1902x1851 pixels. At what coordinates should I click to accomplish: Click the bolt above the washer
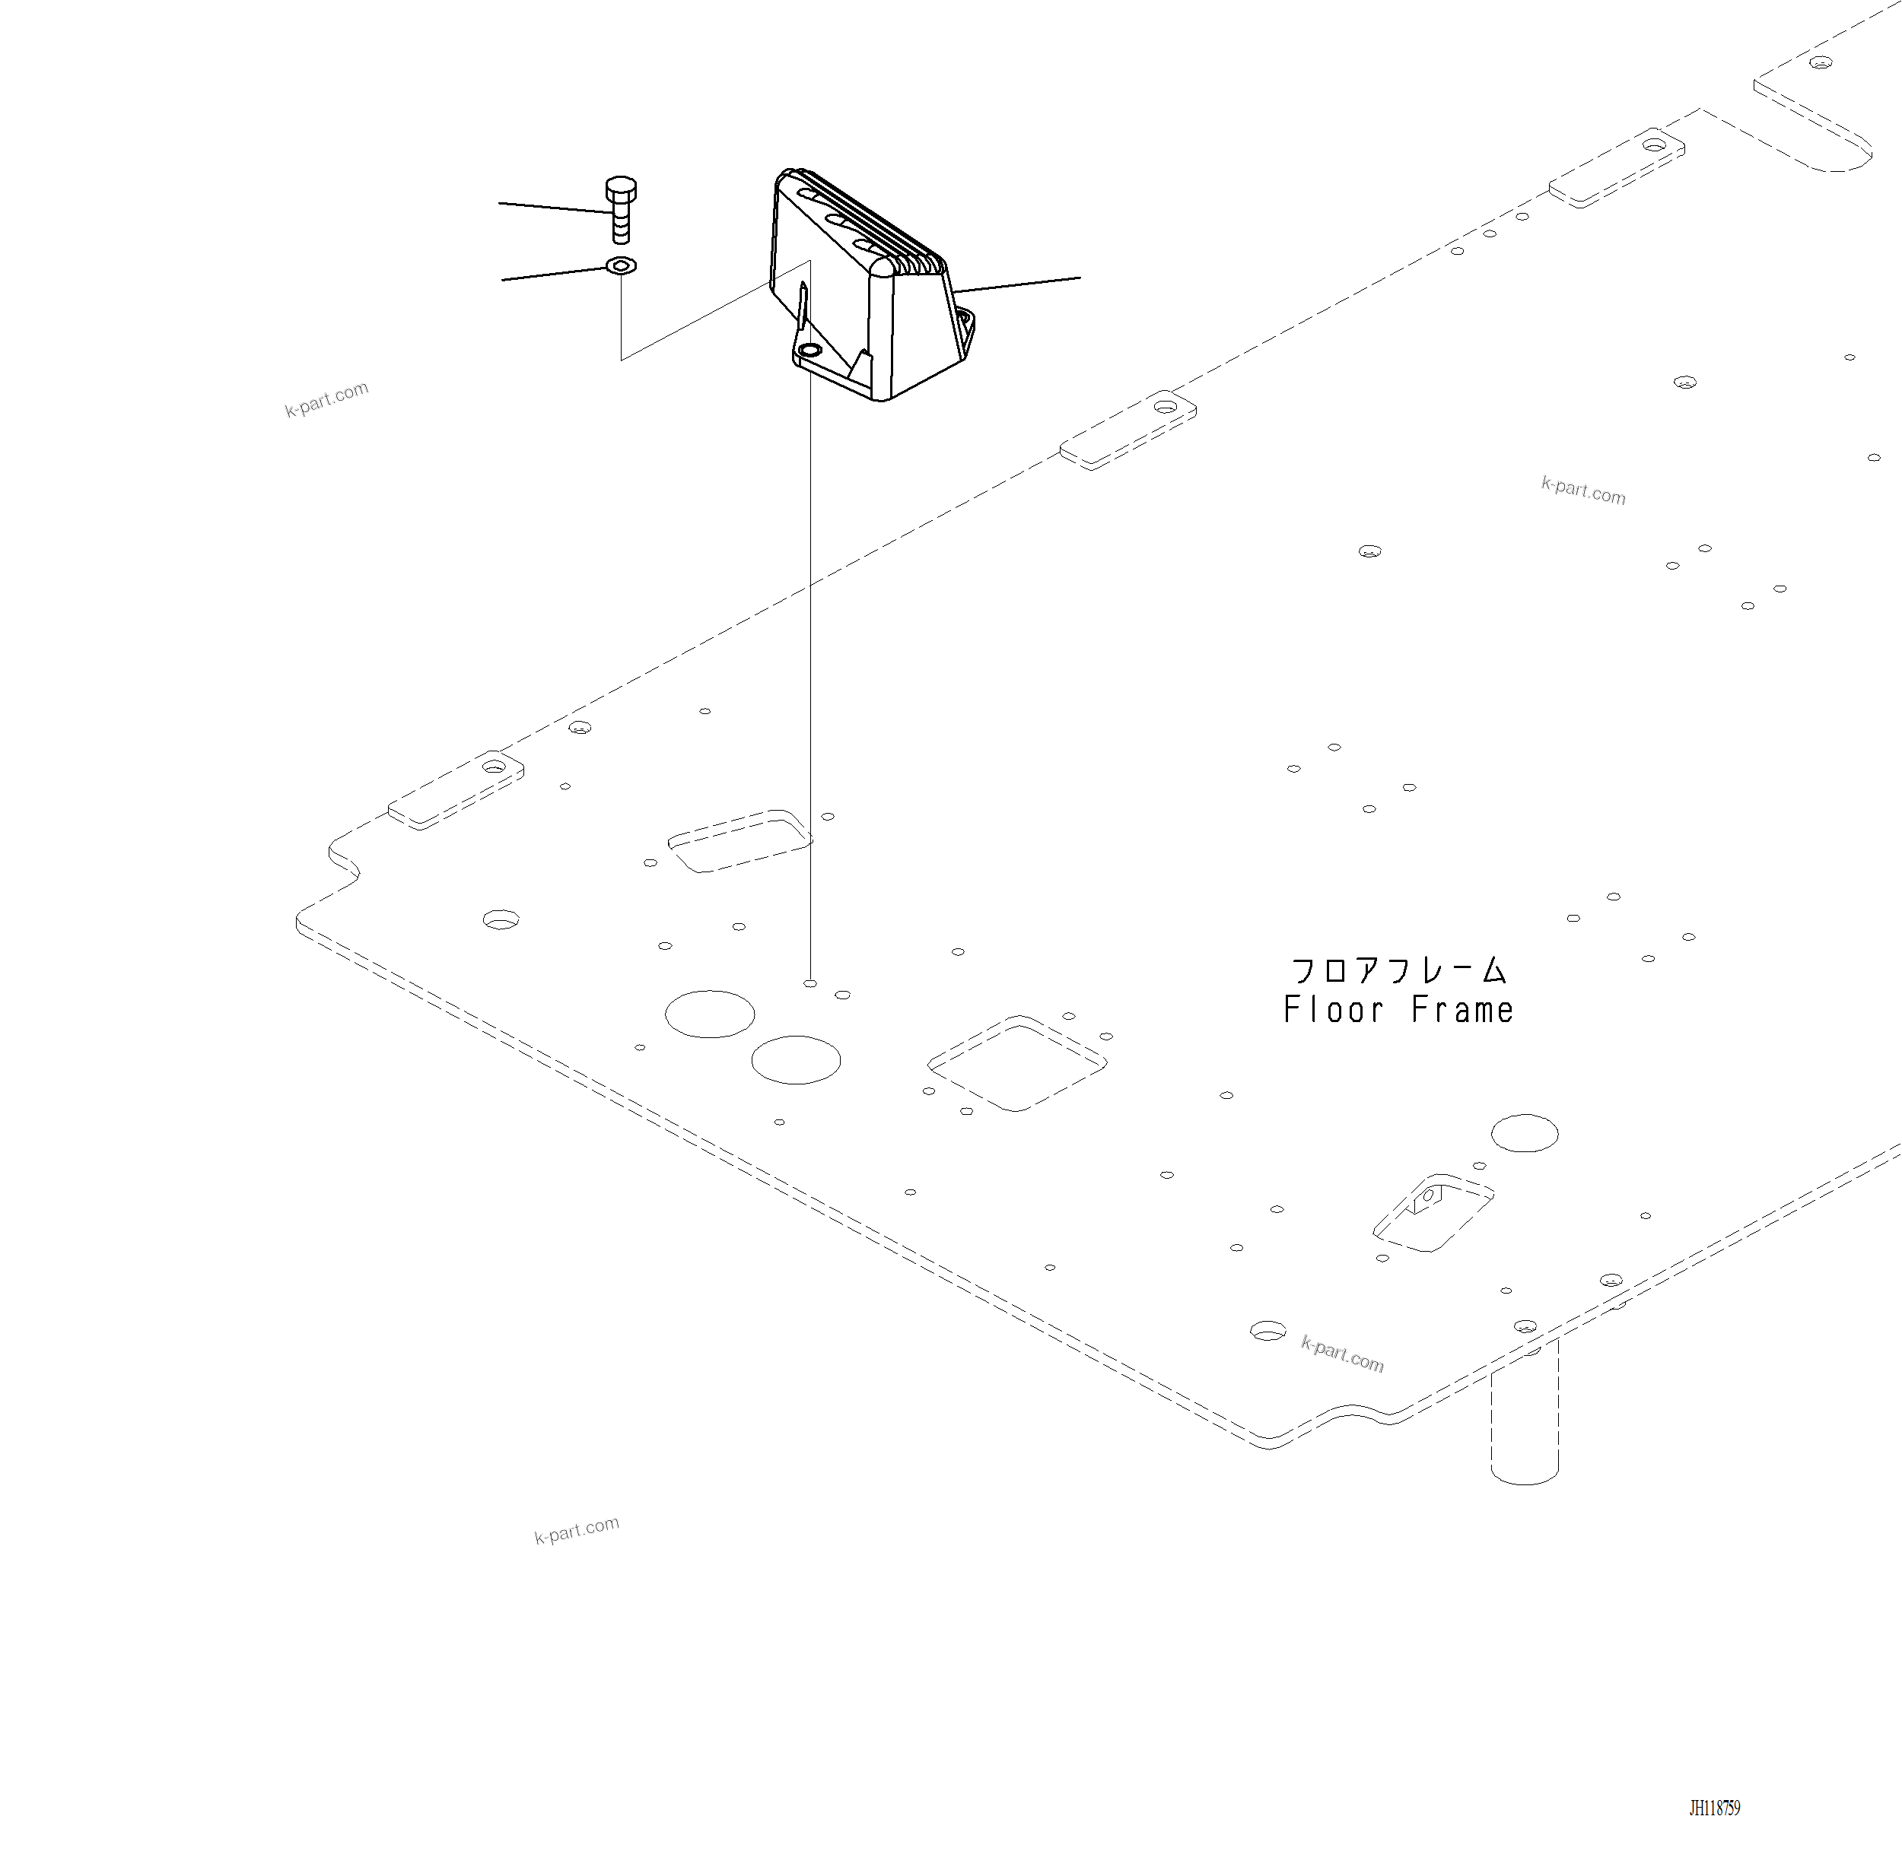620,208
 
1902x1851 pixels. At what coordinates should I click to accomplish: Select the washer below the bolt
620,265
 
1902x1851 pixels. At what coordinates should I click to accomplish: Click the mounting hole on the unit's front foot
809,350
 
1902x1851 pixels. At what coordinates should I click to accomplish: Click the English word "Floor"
1333,1011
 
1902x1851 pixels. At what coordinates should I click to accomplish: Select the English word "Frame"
1462,1011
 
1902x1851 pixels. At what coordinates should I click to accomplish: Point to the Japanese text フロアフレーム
1398,970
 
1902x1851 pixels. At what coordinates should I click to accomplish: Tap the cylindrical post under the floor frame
1525,1414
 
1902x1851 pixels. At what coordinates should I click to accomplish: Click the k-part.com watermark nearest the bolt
326,398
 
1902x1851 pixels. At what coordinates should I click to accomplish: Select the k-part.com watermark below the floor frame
577,1530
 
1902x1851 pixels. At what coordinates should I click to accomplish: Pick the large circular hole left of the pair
710,1014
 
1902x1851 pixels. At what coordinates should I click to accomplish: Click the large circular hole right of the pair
797,1059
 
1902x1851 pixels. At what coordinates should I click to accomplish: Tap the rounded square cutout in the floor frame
1017,1064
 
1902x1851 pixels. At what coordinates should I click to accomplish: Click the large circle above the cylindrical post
1525,1132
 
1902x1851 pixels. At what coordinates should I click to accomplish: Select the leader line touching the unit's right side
1016,285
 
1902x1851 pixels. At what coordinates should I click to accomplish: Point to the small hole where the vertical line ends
810,984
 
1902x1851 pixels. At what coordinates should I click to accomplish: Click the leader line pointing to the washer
552,273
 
